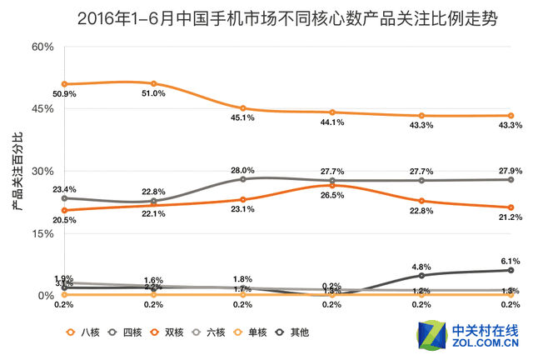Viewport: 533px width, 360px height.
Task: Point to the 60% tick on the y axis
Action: coord(42,47)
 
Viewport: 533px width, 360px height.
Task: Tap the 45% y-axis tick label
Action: coord(42,109)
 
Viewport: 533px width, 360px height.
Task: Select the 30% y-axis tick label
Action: coord(42,172)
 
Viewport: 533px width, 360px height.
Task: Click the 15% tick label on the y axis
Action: coord(42,234)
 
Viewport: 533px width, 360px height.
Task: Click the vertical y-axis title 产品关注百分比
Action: coord(17,171)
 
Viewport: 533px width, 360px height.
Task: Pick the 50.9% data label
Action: coord(64,94)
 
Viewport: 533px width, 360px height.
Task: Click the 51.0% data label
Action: coord(153,93)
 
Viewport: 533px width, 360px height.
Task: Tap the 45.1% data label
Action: coord(242,117)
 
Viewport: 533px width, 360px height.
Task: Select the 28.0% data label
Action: coord(242,170)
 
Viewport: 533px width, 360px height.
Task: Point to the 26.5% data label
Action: coord(332,195)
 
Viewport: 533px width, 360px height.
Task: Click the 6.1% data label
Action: coord(511,261)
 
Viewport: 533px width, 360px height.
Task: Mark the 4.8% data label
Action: coord(421,267)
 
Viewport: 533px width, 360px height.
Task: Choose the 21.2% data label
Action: coord(511,217)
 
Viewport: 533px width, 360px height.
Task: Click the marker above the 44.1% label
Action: coord(332,112)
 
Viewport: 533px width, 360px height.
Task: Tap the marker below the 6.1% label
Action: coord(511,270)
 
